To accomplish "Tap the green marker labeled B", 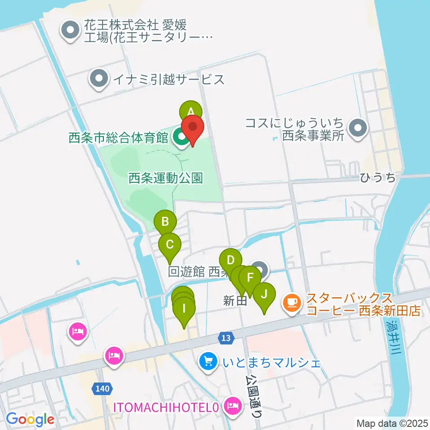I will click(165, 220).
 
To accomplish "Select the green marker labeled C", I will click(170, 244).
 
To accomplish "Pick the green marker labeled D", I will click(231, 260).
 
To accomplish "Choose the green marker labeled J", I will click(264, 294).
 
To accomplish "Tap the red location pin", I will click(193, 127).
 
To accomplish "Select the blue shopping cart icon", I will click(208, 361).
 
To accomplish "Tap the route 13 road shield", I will click(227, 338).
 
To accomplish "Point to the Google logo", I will click(30, 419).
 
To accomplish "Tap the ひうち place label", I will click(378, 178).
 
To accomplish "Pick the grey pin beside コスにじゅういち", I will click(357, 128).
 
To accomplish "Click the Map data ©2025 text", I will click(391, 422).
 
